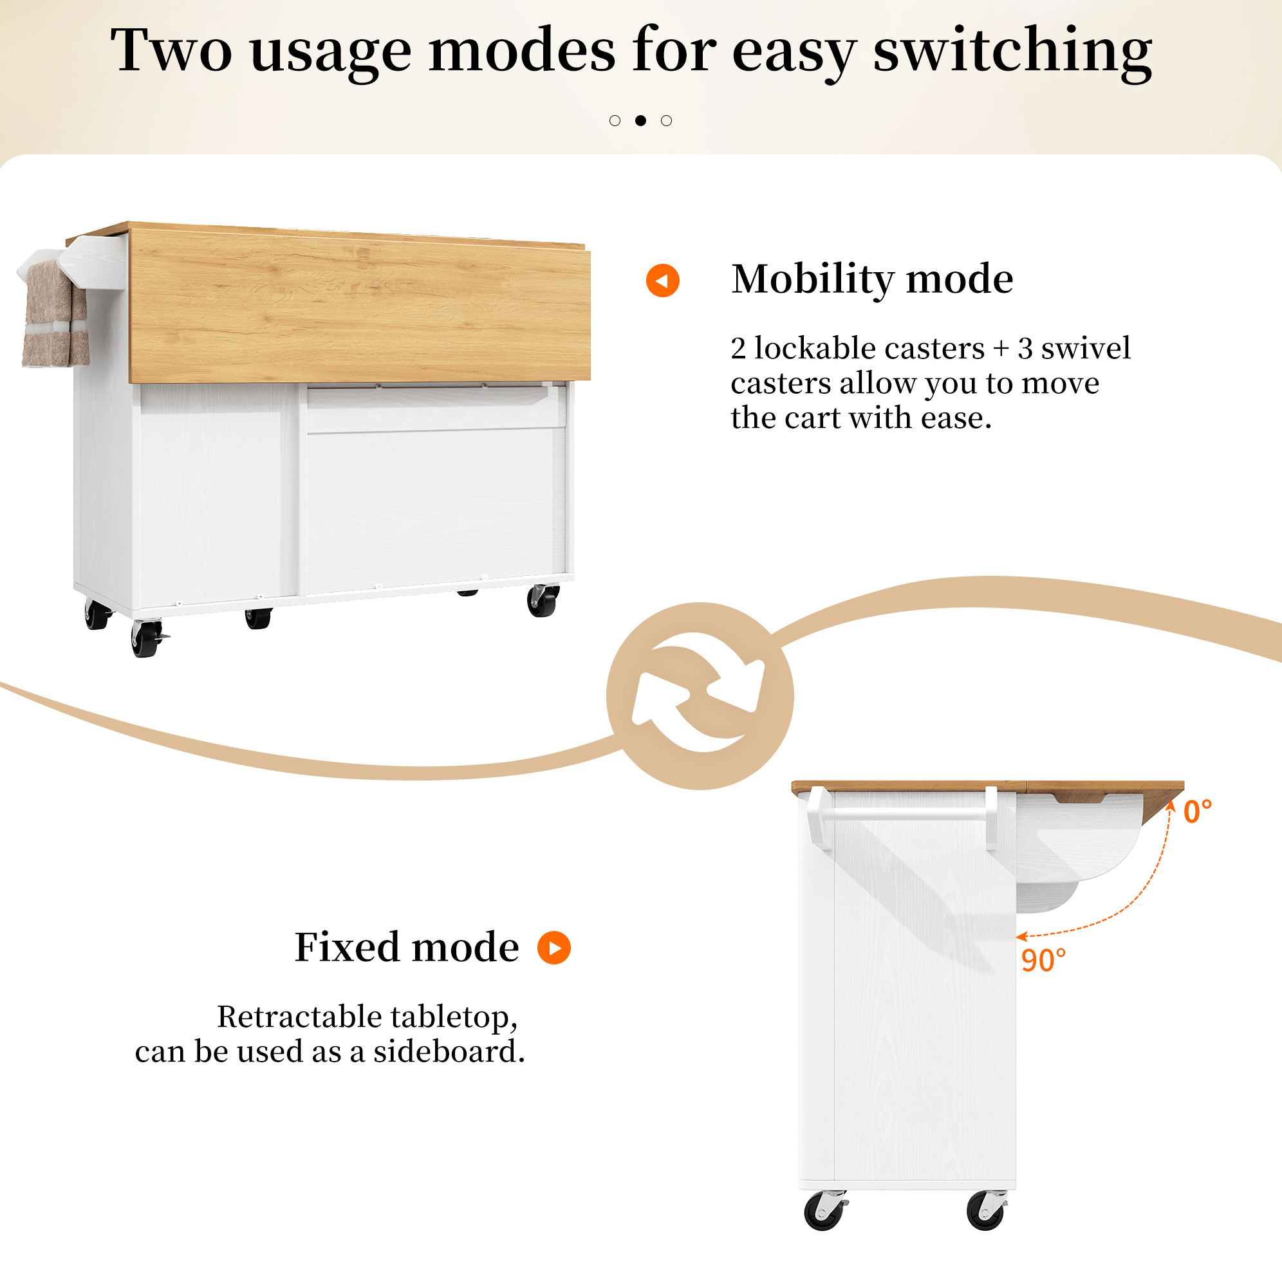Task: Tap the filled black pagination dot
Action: coord(640,120)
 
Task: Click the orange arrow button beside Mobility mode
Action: coord(662,280)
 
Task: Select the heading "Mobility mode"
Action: coord(872,279)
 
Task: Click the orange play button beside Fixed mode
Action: coord(554,948)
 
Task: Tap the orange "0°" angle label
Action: coord(1198,811)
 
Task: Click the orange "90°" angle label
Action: coord(1043,960)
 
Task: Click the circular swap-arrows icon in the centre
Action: coord(700,696)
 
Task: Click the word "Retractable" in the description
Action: coord(299,1017)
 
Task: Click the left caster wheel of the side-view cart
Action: coord(825,1210)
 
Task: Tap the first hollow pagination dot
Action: coord(615,120)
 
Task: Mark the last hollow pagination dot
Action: coord(666,120)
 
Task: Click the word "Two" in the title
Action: coord(171,50)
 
